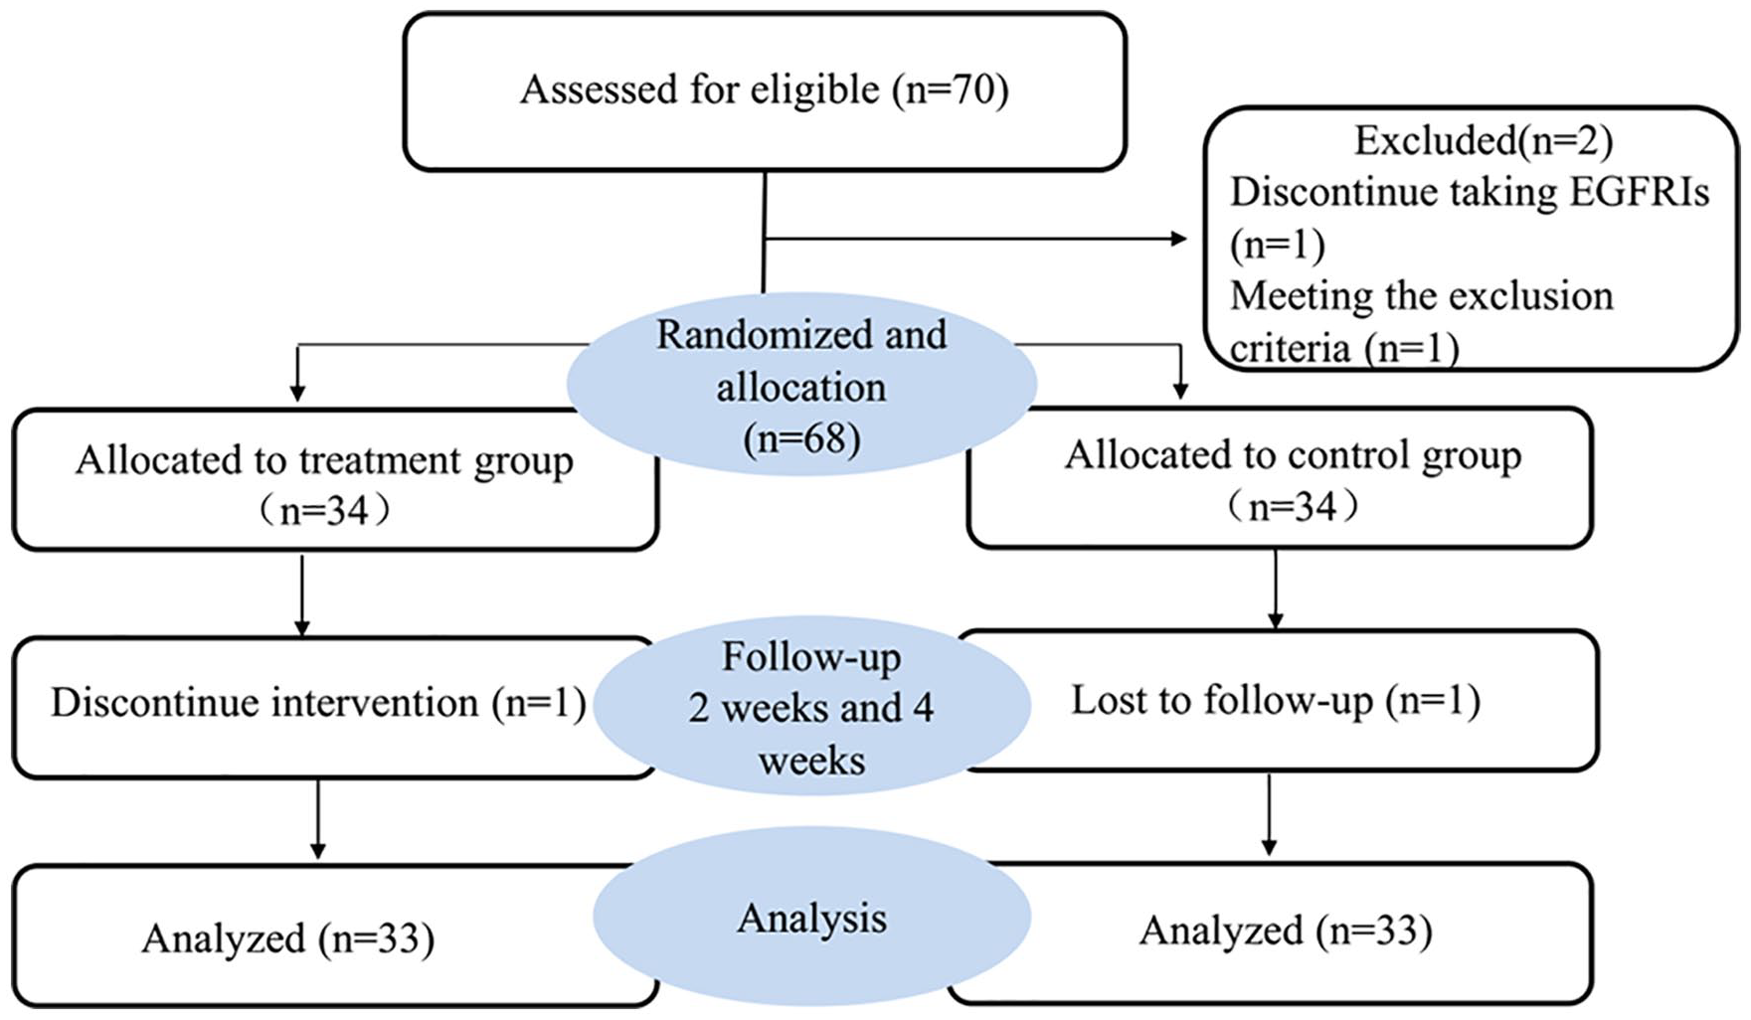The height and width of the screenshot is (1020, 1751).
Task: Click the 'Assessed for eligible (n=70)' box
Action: pos(765,91)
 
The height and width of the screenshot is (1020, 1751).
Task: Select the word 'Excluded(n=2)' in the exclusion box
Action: pos(1483,141)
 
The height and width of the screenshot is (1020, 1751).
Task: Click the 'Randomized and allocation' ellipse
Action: pos(801,385)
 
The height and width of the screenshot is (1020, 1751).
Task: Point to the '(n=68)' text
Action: pos(801,438)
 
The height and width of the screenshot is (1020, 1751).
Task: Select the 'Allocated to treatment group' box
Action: pos(335,479)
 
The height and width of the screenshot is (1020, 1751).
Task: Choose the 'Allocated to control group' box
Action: pos(1281,477)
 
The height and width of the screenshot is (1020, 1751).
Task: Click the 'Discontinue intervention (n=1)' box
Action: pos(333,707)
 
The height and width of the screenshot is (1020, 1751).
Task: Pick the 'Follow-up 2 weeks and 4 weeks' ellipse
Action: pos(811,707)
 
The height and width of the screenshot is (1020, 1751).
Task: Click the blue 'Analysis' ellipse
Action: pos(811,917)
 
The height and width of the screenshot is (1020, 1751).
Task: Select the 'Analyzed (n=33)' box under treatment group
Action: pos(335,935)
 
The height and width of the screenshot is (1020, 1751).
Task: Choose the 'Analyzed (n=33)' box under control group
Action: pos(1271,933)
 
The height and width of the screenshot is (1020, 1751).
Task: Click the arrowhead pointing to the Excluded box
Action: pos(1179,239)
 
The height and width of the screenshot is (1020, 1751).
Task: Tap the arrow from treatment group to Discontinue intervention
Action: pos(302,595)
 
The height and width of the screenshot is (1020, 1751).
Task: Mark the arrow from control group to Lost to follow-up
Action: pos(1275,589)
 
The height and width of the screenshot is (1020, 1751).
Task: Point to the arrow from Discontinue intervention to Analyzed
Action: pos(317,819)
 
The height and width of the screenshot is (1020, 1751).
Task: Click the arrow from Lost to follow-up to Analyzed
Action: pos(1269,814)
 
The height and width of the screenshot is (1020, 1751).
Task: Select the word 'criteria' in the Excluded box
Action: pos(1290,348)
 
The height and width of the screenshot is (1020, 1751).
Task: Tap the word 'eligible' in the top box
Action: pos(814,89)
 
